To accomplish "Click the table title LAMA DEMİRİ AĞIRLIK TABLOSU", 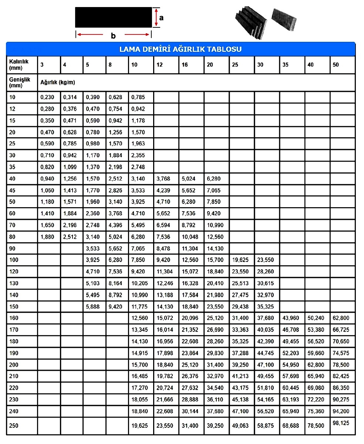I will point(181,50).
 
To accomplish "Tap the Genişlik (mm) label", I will point(18,82).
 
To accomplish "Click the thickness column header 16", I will point(185,65).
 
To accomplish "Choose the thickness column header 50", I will point(336,65).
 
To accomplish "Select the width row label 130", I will point(14,283).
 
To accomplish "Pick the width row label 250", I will point(14,426).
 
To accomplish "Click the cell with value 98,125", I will point(341,423).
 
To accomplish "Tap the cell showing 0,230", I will point(47,97).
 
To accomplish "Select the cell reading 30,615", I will point(265,283).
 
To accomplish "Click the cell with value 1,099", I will point(70,167).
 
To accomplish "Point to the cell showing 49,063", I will point(240,426).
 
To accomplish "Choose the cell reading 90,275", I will point(341,400).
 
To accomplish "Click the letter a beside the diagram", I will point(161,17).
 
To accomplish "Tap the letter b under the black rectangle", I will point(113,36).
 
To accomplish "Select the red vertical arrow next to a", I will point(156,17).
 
